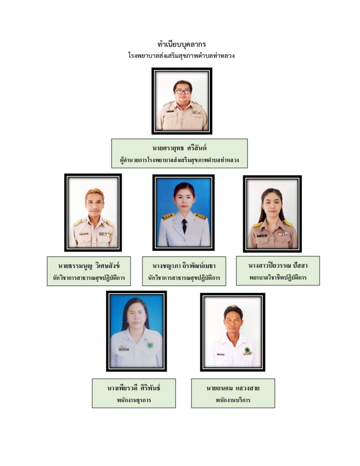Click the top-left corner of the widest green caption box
pos(112,139)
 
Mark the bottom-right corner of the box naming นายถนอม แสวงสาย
pos(275,408)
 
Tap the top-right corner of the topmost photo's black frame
pos(212,68)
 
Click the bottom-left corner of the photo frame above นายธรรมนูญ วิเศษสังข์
pos(64,251)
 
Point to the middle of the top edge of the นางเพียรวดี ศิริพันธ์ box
pos(134,379)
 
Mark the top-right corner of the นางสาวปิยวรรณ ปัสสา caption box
pos(320,256)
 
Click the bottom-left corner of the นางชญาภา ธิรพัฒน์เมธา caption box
pos(142,286)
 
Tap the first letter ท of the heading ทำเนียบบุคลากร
pos(160,45)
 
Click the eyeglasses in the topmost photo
pos(183,91)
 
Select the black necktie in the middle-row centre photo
pos(184,226)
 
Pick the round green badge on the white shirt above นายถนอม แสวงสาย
pos(247,350)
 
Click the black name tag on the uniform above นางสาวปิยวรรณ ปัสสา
pos(262,236)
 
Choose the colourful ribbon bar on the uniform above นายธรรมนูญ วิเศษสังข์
pos(104,234)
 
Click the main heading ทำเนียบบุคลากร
pos(182,45)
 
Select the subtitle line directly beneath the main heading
pos(181,56)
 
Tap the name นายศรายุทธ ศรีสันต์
pos(180,148)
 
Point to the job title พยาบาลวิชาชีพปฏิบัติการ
pos(278,278)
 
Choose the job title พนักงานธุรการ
pos(134,400)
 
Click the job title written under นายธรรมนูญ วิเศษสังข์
pos(89,278)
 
